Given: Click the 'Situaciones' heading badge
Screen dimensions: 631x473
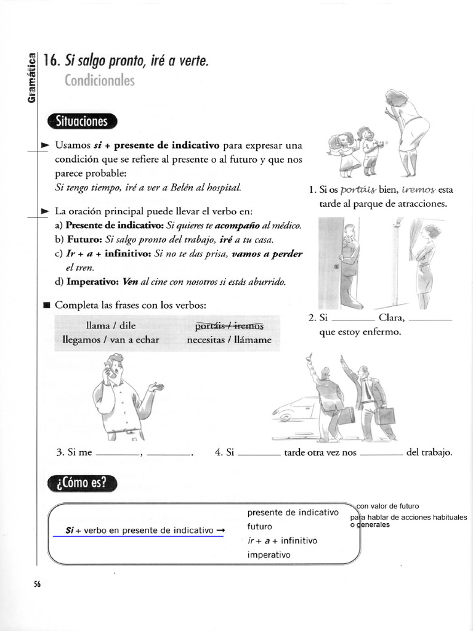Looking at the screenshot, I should click(x=81, y=121).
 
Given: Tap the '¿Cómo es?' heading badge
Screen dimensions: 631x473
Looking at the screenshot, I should click(x=81, y=484).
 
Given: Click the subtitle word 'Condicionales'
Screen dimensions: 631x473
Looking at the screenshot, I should click(x=99, y=81).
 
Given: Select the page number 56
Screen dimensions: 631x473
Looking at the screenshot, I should click(x=37, y=585).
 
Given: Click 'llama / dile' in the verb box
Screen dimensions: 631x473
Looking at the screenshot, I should click(x=111, y=325).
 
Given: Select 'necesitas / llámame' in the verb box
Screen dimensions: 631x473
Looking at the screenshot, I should click(x=228, y=340).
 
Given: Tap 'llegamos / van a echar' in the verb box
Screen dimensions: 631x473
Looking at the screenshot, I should click(x=111, y=340).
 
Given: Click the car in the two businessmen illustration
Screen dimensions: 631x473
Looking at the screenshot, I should click(x=294, y=408).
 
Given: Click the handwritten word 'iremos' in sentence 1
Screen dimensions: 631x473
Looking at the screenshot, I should click(x=418, y=189).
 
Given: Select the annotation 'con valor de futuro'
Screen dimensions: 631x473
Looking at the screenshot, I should click(x=387, y=507).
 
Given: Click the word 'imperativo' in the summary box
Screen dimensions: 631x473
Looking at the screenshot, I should click(x=268, y=555).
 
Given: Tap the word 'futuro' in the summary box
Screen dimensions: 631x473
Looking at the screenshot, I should click(x=259, y=527).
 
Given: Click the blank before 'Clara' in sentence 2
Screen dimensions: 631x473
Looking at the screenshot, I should click(x=352, y=319).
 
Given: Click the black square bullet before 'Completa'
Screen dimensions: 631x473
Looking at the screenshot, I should click(x=46, y=305).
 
